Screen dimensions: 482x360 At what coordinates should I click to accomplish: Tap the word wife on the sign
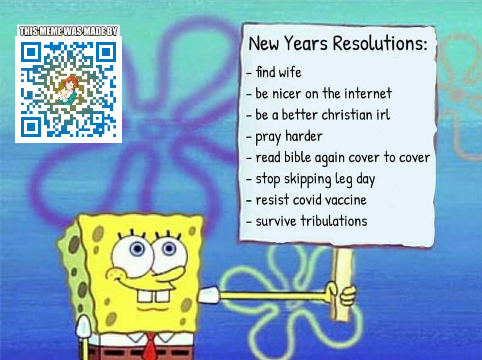pos(290,72)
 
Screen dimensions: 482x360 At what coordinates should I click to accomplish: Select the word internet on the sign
pos(368,93)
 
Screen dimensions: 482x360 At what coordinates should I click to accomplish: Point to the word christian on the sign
pos(347,115)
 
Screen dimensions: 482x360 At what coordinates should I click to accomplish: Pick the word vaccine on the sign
pos(346,200)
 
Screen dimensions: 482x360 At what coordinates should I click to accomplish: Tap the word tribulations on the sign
pos(334,221)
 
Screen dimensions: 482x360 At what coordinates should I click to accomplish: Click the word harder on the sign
pos(304,136)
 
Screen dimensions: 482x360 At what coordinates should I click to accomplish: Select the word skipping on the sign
pos(307,179)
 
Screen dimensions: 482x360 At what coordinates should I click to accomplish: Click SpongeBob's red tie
pos(150,347)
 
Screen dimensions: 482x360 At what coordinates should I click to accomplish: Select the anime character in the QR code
pos(69,90)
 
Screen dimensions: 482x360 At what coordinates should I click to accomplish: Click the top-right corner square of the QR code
pos(106,52)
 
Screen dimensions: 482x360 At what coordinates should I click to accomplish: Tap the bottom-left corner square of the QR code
pos(31,127)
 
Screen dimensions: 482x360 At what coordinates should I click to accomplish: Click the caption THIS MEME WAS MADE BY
pos(68,31)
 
